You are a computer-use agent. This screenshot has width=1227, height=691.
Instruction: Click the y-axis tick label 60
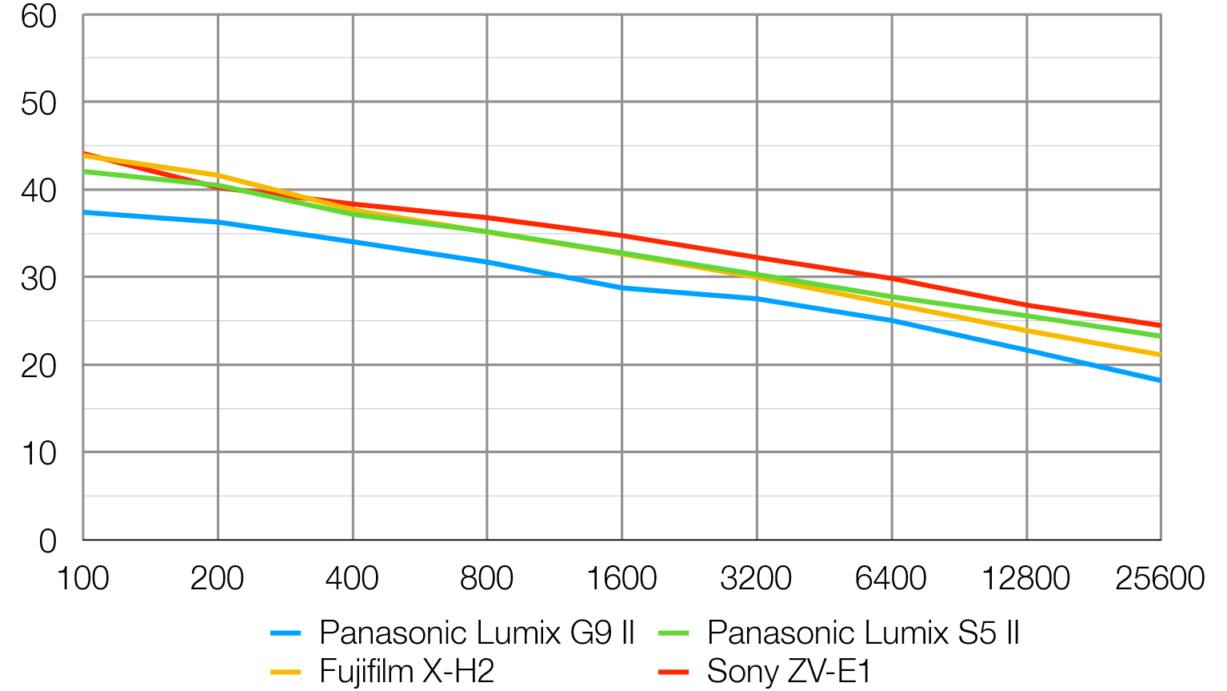tap(38, 16)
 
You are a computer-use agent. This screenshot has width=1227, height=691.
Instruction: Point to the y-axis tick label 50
tap(38, 103)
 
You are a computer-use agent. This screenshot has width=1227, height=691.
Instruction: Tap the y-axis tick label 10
tap(38, 454)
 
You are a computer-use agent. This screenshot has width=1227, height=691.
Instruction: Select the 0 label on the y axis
tap(48, 541)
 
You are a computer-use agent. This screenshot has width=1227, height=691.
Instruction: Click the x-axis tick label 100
tap(82, 578)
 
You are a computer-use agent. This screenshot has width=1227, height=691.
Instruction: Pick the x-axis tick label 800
tap(486, 578)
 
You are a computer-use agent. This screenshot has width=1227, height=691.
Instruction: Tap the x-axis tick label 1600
tap(621, 578)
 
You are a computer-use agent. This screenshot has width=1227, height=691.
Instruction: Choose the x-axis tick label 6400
tap(890, 578)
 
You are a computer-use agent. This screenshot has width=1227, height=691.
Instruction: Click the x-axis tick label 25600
tap(1159, 578)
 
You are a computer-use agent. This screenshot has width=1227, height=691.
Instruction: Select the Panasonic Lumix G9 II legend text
tap(477, 633)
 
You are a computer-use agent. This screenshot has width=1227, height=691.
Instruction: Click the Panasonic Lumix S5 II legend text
tap(863, 633)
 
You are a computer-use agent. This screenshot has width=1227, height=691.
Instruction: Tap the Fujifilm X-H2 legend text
tap(406, 671)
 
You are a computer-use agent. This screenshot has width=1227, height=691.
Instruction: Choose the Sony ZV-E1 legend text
tap(789, 671)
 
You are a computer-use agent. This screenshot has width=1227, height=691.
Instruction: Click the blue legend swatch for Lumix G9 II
tap(286, 633)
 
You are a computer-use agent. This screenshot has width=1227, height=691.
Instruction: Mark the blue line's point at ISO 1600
tap(621, 287)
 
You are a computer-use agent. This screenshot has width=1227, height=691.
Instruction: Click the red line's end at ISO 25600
tap(1159, 326)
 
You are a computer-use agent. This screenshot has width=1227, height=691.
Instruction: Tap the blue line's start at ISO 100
tap(84, 212)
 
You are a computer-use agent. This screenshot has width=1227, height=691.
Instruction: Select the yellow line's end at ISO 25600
tap(1159, 354)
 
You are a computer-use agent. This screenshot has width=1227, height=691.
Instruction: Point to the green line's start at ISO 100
tap(84, 171)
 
